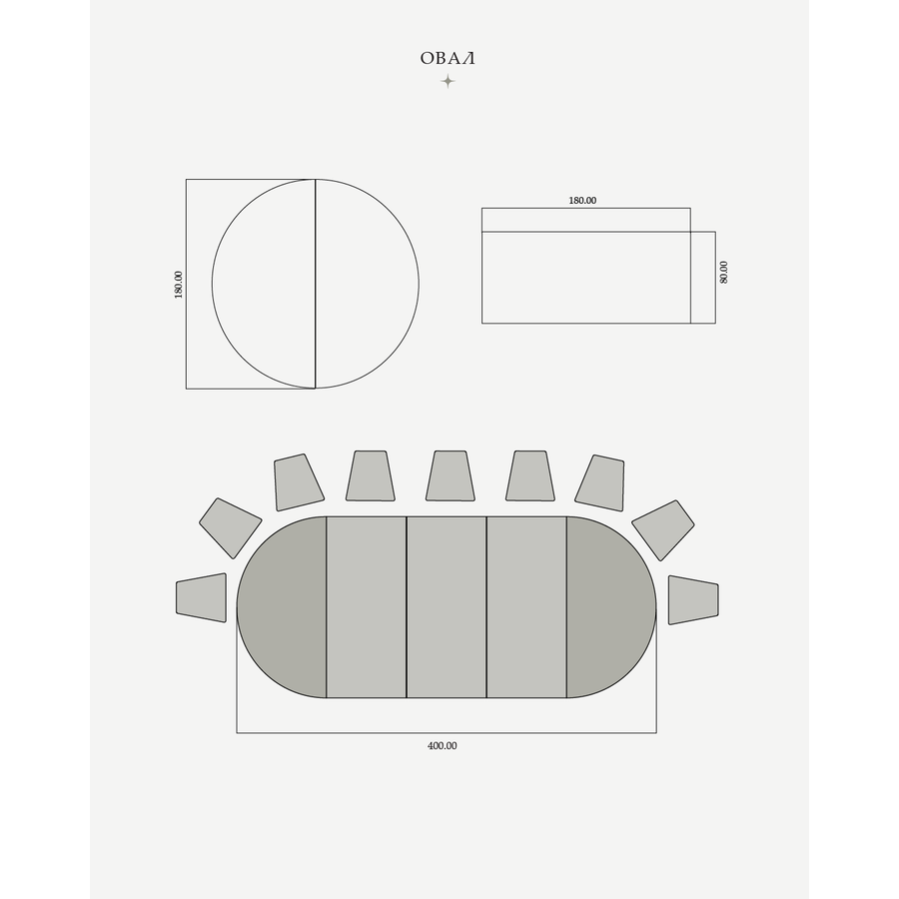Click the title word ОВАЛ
448,59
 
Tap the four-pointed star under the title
448,82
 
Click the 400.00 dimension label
443,746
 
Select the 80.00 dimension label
723,273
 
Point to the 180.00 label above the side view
582,201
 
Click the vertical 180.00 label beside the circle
179,285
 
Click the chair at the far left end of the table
201,597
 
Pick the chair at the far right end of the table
693,599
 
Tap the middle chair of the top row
450,475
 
